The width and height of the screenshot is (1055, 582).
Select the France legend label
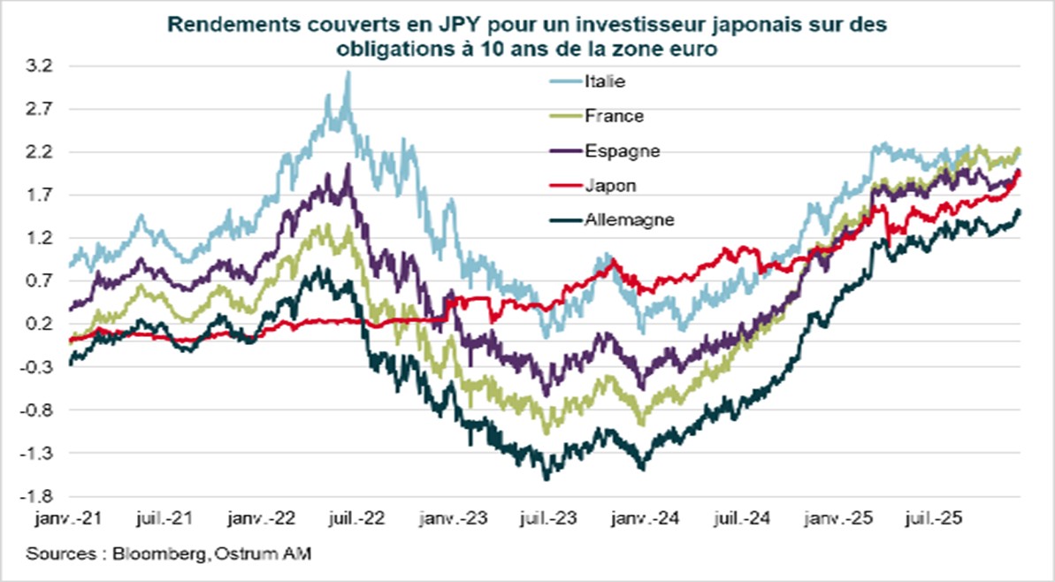pyautogui.click(x=613, y=115)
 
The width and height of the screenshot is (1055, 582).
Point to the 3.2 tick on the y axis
pyautogui.click(x=42, y=66)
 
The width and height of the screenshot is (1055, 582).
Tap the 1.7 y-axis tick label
pyautogui.click(x=42, y=195)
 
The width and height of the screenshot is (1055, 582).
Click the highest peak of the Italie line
pyautogui.click(x=348, y=73)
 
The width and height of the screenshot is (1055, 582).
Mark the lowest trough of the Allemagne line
pyautogui.click(x=546, y=479)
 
